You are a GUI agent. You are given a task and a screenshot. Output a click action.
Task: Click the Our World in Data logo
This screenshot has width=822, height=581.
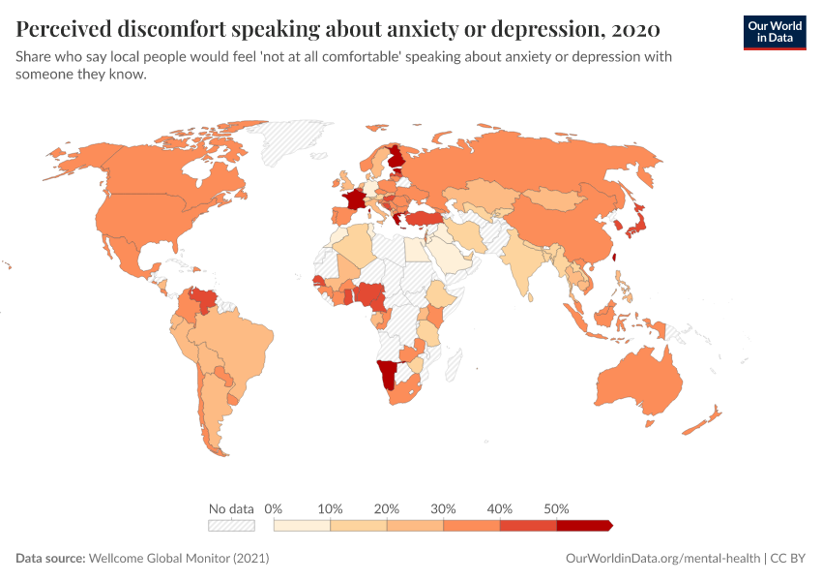click(x=774, y=32)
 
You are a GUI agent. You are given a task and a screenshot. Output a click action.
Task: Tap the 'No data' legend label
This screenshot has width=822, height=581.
click(x=231, y=508)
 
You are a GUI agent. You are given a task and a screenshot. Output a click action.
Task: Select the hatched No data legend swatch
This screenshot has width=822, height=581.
click(x=231, y=526)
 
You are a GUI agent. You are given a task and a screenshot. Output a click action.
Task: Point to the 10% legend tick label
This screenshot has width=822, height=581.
click(x=331, y=508)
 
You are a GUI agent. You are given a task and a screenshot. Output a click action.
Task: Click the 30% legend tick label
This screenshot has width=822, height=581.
click(x=443, y=508)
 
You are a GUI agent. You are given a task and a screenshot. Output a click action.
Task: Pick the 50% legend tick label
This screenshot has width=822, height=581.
click(x=556, y=508)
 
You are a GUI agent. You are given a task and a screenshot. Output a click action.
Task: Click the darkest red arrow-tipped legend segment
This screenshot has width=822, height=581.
click(x=584, y=526)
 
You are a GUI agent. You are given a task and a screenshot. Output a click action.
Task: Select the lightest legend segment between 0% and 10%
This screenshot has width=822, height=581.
click(x=303, y=526)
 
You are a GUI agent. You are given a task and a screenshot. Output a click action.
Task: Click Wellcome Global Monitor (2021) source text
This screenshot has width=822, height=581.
click(x=178, y=559)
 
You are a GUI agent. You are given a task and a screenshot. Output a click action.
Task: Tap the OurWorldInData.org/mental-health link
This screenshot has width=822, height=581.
click(x=662, y=559)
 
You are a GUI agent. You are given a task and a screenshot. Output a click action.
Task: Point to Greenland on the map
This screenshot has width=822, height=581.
click(x=290, y=145)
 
